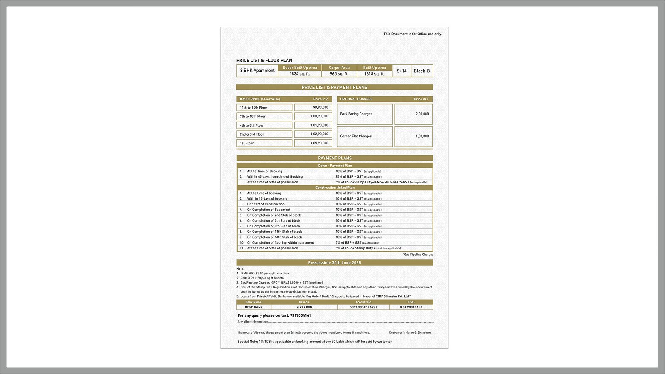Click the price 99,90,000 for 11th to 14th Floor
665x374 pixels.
click(x=320, y=108)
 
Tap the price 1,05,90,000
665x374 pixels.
click(x=319, y=143)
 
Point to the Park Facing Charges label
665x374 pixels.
click(x=356, y=114)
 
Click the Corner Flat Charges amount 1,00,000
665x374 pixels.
click(x=422, y=136)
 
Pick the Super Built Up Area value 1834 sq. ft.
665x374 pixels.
click(x=300, y=74)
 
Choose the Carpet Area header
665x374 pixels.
click(x=339, y=68)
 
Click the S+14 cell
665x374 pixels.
click(x=401, y=71)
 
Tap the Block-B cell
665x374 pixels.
click(x=422, y=71)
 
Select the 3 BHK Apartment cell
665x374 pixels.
click(x=257, y=71)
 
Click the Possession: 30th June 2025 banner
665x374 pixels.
click(x=335, y=263)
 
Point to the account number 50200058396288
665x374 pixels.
click(x=364, y=307)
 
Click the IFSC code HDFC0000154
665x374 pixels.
click(x=411, y=307)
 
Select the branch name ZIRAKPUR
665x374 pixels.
click(x=304, y=307)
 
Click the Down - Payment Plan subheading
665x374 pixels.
click(x=335, y=166)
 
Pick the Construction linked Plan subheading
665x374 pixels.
click(x=335, y=188)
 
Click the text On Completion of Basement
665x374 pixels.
click(x=268, y=210)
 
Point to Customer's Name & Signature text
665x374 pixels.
click(x=410, y=332)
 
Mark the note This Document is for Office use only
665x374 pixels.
click(x=412, y=34)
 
